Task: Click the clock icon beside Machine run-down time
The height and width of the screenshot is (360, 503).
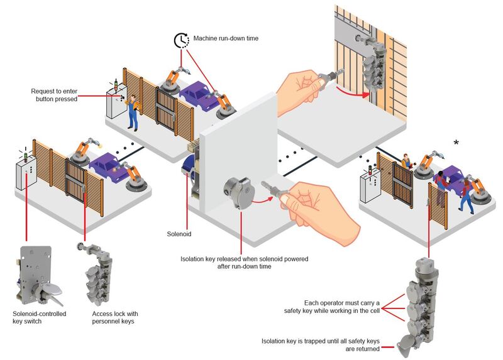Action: (182, 40)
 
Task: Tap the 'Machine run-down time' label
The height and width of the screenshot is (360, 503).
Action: (226, 38)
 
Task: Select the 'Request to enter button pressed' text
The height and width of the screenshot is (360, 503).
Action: (54, 95)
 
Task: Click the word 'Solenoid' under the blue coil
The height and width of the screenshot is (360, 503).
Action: (179, 234)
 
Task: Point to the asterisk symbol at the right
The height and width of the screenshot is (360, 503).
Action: (456, 143)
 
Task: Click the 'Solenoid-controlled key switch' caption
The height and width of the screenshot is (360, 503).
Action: (39, 317)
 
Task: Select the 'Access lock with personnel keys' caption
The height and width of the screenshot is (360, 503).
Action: (115, 317)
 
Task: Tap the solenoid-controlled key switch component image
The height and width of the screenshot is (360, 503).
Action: (38, 276)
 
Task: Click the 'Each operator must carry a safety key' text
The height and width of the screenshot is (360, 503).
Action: (332, 307)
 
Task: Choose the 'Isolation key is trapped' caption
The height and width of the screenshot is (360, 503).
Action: (321, 345)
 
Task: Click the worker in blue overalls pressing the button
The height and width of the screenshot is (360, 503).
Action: (133, 113)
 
